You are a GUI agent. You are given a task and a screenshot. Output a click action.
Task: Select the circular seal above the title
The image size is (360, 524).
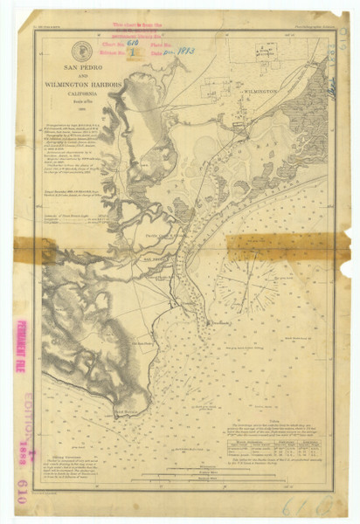click(82, 51)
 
